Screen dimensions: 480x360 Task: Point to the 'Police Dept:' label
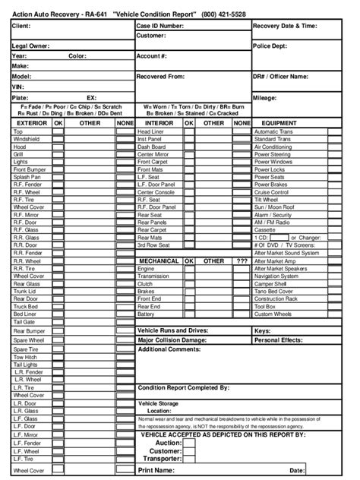tap(270, 46)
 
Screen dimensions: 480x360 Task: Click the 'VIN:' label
tap(19, 87)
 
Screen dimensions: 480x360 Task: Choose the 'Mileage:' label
tap(266, 98)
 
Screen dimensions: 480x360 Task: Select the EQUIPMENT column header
tap(299, 122)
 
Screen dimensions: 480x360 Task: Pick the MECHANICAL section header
tap(159, 261)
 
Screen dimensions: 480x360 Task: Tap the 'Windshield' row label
tap(27, 139)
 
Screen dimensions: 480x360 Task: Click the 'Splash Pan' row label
tap(27, 176)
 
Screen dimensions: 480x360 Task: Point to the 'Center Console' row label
tap(156, 191)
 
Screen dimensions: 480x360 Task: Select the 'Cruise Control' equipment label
tap(272, 191)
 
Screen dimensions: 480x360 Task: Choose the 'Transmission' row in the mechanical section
tap(155, 276)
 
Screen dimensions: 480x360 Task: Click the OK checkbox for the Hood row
tap(58, 147)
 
